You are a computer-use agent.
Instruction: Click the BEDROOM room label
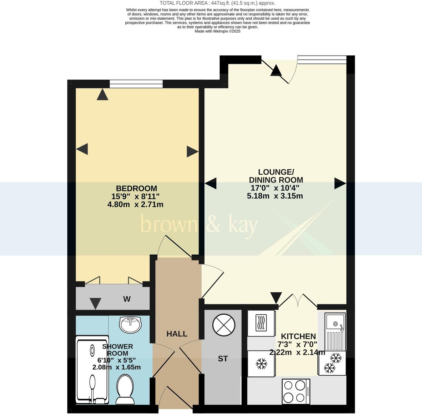136,188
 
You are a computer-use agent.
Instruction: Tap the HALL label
177,334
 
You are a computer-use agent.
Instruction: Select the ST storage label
223,359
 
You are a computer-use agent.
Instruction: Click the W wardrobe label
127,299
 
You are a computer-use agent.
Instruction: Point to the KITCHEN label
298,336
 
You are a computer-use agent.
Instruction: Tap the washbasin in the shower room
130,324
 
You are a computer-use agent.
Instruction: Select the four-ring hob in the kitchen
296,391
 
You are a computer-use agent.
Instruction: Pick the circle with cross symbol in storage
224,325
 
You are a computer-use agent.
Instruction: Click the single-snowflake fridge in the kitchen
261,363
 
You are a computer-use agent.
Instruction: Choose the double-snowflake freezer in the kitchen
332,363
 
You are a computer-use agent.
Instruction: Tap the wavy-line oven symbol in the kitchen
261,323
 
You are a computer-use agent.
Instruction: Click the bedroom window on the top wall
136,84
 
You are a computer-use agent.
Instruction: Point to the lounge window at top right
322,59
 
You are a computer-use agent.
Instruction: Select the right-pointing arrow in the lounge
340,183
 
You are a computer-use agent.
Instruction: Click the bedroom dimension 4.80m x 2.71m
135,204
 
